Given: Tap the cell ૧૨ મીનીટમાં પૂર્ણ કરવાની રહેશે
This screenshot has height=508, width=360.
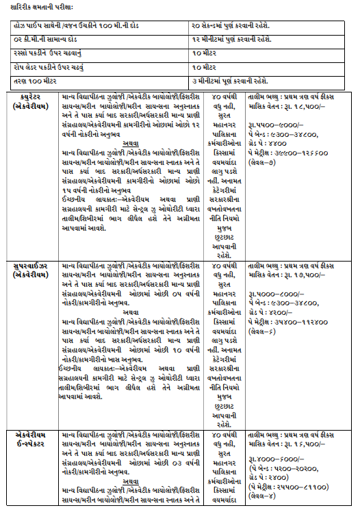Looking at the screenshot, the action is (230, 38).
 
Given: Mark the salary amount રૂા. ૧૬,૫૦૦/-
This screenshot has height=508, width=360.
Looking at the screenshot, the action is (310, 444).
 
